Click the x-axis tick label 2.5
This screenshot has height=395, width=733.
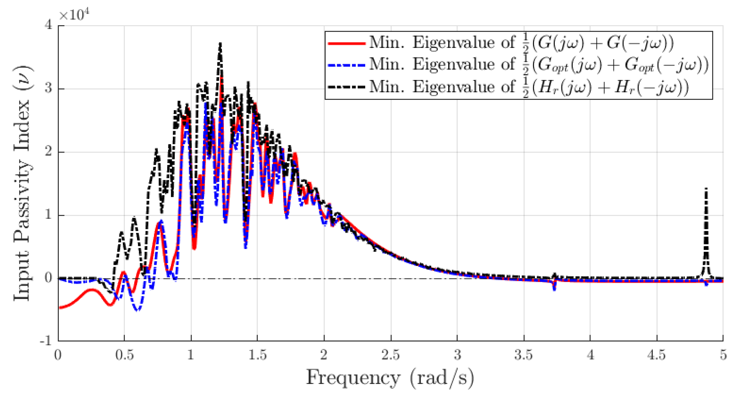pos(390,355)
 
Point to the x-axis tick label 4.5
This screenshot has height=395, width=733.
pos(657,355)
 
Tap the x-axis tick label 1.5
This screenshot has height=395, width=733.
pos(257,355)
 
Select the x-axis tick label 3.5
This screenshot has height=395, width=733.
pos(524,355)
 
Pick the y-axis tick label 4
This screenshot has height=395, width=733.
pos(49,25)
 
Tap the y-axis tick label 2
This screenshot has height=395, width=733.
pos(49,152)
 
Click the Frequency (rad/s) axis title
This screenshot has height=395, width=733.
pos(390,378)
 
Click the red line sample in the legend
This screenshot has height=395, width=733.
pos(346,44)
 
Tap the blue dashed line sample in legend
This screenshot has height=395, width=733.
pos(346,65)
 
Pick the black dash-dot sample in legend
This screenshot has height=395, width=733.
pos(346,87)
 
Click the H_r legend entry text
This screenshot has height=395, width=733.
pos(529,87)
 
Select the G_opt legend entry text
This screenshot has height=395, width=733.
pos(538,65)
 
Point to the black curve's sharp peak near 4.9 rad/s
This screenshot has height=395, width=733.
pos(706,189)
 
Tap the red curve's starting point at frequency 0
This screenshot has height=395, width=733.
pos(59,308)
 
